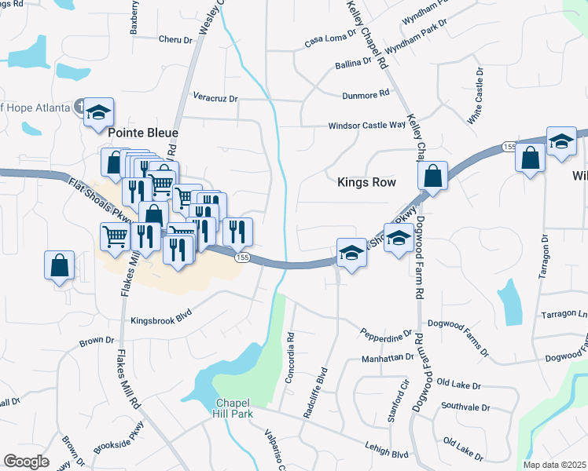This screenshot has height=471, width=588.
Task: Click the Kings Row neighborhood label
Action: tap(366, 181)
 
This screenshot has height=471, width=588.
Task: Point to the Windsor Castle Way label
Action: tap(366, 125)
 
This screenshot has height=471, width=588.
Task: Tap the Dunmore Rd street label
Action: tap(366, 93)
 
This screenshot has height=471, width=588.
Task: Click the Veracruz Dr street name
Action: tap(215, 97)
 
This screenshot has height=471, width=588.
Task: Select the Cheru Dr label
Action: tap(175, 39)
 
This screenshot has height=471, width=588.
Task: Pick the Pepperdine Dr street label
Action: tap(386, 334)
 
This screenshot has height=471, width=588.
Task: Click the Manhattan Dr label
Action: tap(388, 357)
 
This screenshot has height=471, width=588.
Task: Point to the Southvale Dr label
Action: tap(465, 407)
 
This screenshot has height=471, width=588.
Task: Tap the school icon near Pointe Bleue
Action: tap(99, 112)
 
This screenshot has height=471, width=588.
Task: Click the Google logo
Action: tap(26, 461)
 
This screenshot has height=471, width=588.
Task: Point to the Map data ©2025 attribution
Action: tap(555, 465)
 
